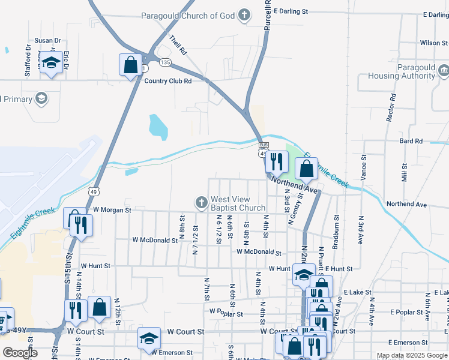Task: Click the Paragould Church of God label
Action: (188, 16)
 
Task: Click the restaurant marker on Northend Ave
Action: (276, 161)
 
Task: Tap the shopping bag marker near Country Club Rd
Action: (130, 65)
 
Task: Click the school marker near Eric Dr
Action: (52, 63)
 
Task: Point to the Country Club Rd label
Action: (168, 81)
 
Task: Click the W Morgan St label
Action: (112, 210)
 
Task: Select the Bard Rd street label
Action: (411, 141)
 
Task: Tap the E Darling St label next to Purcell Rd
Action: (291, 11)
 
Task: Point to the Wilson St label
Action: (433, 43)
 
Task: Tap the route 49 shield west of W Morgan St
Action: (92, 191)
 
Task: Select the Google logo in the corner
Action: (20, 353)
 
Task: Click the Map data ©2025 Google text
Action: (411, 355)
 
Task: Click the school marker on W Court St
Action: (149, 338)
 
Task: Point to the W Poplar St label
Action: (226, 313)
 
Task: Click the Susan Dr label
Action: (48, 40)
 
